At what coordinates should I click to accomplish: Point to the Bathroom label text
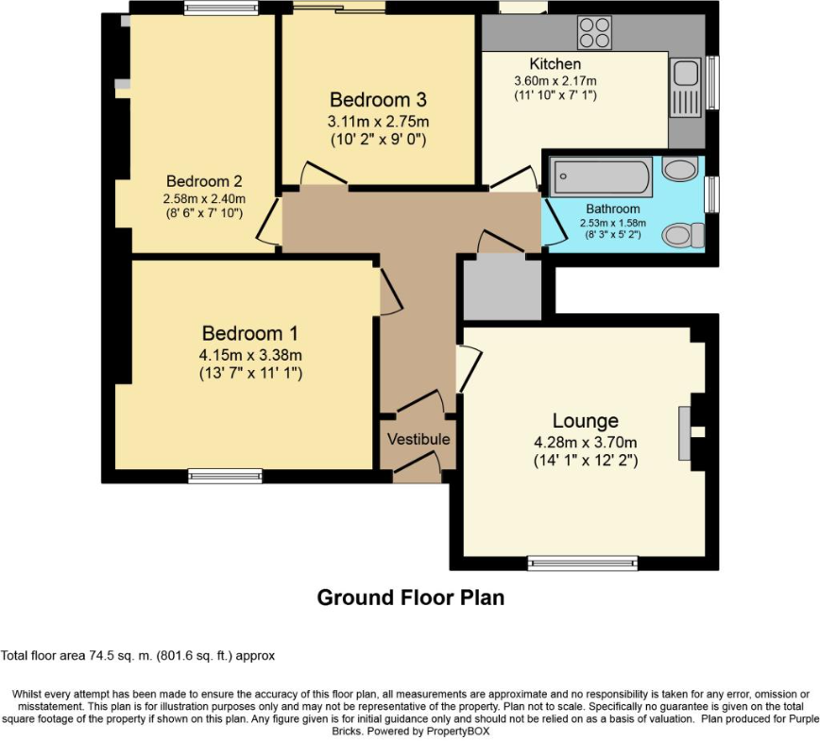612,209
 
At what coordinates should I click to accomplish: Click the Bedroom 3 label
378,100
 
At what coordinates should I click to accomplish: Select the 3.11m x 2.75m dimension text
378,122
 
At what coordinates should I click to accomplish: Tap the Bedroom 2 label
205,181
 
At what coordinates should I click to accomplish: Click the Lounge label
586,421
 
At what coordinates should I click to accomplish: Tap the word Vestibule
419,440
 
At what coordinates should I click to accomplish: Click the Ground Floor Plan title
410,598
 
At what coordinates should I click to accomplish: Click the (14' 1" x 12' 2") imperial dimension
586,462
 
